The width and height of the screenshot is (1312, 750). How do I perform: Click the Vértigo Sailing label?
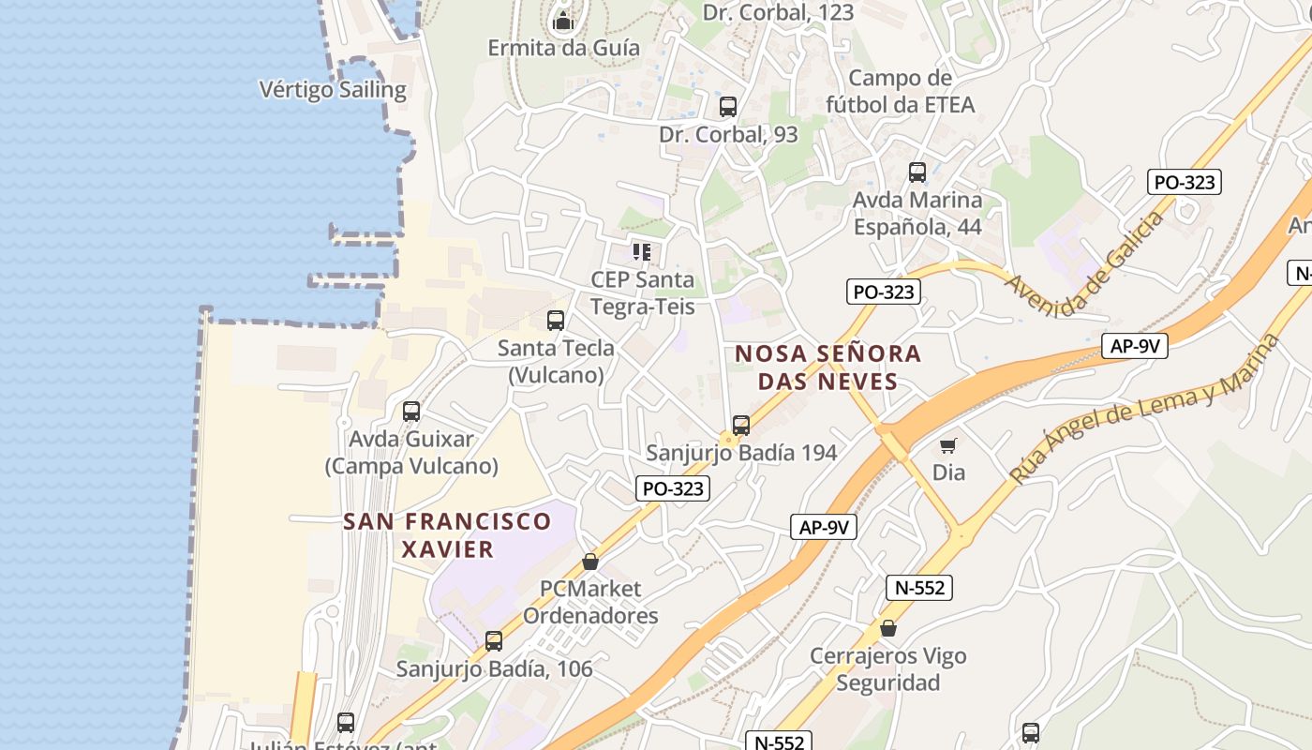coord(332,90)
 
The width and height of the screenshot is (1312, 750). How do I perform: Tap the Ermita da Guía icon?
coord(563,20)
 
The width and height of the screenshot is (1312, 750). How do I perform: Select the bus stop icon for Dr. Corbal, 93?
coord(728,107)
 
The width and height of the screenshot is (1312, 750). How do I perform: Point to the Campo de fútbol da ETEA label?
coord(900,91)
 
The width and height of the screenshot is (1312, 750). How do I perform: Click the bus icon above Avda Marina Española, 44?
coord(917,172)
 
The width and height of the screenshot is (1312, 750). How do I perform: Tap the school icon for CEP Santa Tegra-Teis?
coord(642,251)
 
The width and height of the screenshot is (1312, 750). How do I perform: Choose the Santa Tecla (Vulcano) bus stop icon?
coord(556,321)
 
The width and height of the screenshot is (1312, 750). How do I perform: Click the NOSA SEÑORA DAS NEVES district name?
coord(828,367)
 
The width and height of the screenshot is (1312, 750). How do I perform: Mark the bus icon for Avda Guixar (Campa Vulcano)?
coord(410,412)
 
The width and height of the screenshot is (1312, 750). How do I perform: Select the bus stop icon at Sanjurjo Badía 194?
coord(741,426)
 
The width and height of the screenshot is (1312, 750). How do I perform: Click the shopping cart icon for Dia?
coord(948,445)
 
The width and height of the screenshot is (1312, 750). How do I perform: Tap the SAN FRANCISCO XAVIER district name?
coord(448,534)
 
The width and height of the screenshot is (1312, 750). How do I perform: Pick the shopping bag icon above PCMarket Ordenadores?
coord(590,562)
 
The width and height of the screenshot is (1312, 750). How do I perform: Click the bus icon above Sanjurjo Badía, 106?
coord(494,641)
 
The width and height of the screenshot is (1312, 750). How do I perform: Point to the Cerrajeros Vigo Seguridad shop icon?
coord(887,628)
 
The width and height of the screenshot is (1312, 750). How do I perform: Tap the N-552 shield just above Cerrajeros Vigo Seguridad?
coord(919,588)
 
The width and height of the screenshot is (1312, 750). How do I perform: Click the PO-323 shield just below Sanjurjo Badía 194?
coord(672,488)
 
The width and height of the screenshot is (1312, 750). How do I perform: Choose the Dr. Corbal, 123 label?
coord(778,12)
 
